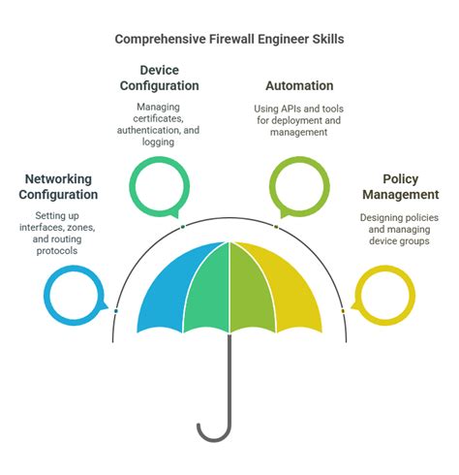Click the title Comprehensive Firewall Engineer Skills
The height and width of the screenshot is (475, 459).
(x=229, y=40)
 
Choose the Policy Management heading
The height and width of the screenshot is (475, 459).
(x=399, y=187)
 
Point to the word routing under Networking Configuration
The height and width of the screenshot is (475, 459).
(x=73, y=240)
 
